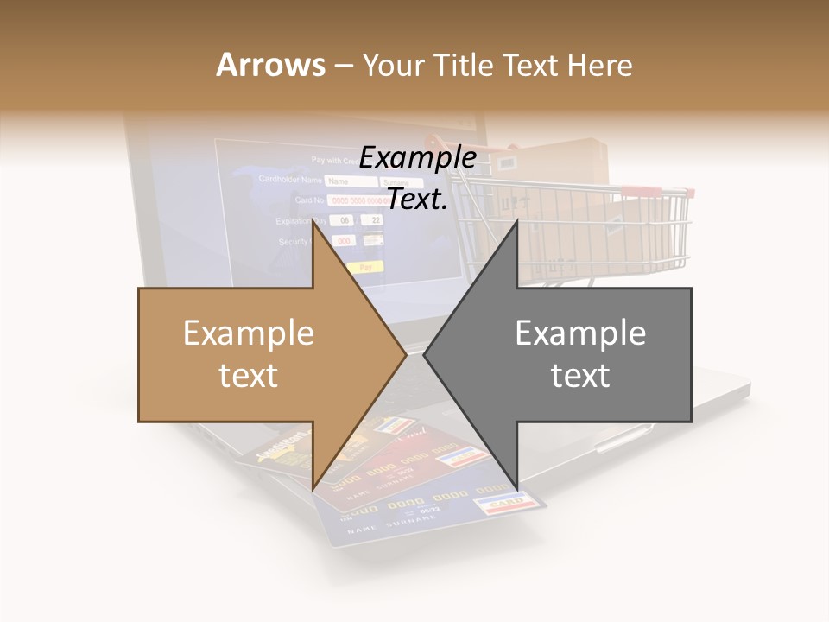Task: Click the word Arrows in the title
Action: click(271, 65)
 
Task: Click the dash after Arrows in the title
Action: click(343, 67)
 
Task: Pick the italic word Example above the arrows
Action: click(418, 158)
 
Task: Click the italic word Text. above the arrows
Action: click(418, 200)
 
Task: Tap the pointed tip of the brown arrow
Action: click(405, 354)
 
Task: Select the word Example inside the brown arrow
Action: click(249, 333)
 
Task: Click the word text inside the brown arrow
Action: click(249, 376)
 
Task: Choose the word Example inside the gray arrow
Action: click(580, 333)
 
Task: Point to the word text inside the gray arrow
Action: click(580, 376)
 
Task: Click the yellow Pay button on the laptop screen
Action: click(366, 268)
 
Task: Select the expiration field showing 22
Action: click(373, 220)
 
